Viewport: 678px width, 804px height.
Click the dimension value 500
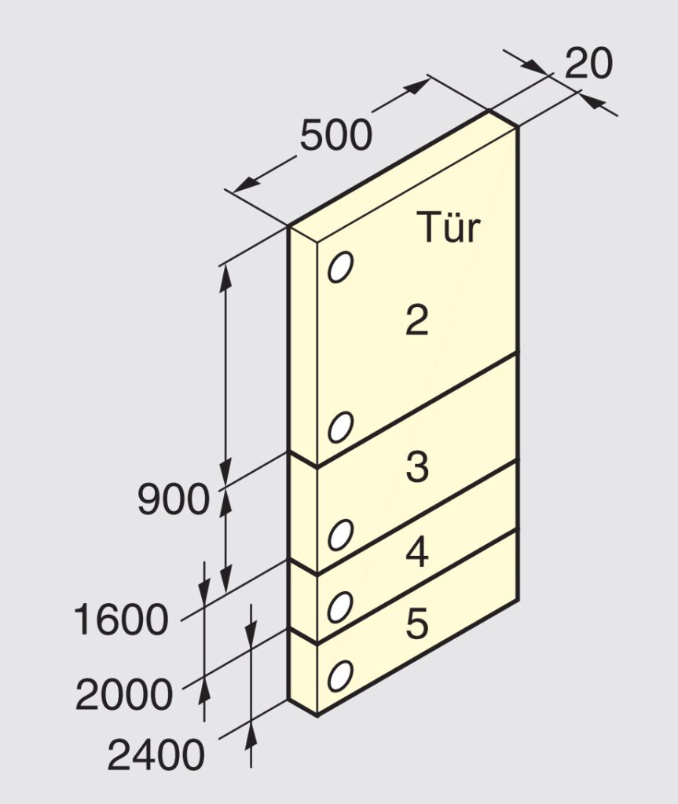335,135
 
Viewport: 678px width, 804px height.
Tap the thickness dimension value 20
588,63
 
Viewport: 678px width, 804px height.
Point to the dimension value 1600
121,619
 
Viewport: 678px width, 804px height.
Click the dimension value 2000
123,694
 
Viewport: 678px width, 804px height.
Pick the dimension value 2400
156,755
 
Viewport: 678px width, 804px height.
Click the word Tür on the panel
448,227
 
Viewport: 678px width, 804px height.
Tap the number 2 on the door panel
416,320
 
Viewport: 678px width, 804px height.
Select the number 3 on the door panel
416,466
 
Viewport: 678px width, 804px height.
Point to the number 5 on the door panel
416,623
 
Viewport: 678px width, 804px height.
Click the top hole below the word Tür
341,267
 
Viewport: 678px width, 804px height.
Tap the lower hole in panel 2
341,426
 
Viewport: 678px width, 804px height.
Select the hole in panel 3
341,535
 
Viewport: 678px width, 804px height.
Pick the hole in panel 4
341,607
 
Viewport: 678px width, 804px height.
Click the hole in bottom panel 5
341,676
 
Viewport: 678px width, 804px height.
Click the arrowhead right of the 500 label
416,86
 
